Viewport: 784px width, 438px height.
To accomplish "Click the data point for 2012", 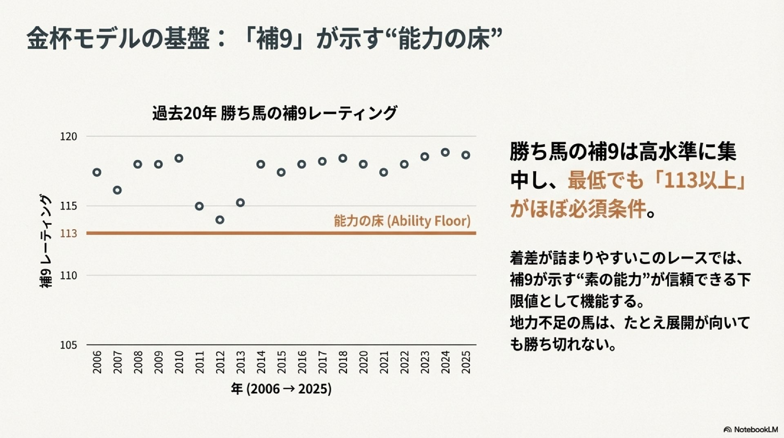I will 220,220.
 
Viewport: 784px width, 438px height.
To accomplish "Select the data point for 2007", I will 117,190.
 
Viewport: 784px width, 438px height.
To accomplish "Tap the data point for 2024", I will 445,152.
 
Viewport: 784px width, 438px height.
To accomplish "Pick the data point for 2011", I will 199,206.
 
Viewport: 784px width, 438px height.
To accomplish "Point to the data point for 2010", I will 179,158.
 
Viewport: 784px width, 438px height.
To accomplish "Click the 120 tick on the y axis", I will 68,136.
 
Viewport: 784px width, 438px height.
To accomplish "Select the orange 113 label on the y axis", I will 68,233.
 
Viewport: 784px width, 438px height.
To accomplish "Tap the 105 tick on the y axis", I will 68,345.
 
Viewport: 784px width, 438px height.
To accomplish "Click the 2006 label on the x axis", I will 97,362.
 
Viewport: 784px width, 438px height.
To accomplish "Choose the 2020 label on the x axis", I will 363,362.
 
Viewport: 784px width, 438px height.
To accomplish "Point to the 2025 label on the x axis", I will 466,362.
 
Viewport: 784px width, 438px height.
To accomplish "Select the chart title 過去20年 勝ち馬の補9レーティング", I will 274,113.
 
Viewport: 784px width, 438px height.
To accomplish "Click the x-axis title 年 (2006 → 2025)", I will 281,389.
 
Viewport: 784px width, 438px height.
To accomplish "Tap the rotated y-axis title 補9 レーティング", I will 46,241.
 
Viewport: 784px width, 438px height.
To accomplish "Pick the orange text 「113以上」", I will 699,180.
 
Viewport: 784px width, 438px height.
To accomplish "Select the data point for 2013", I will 241,203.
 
